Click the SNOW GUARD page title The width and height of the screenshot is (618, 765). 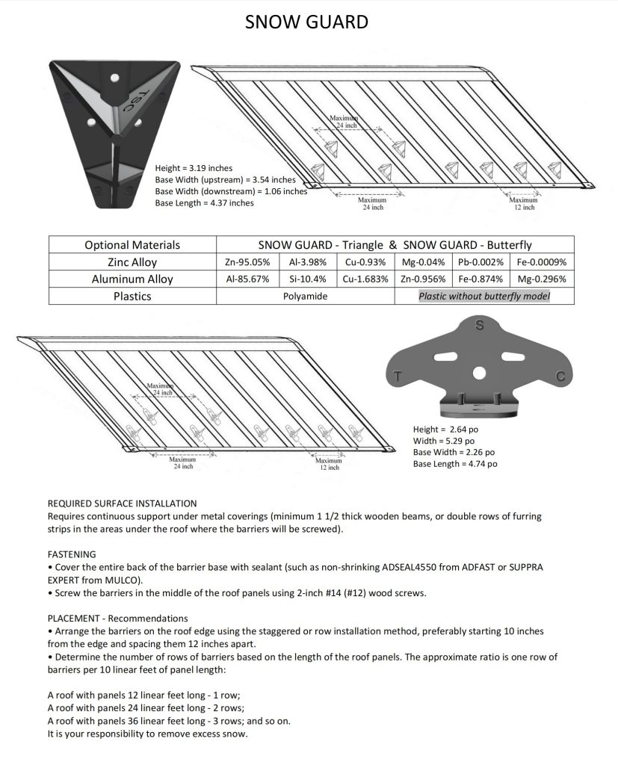click(306, 22)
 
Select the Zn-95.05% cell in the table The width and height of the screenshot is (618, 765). click(247, 262)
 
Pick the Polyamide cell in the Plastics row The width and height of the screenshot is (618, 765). click(305, 297)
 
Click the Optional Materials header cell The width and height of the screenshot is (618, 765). click(132, 245)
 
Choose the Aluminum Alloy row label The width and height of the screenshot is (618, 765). click(132, 279)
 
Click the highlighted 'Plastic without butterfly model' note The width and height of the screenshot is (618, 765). click(483, 297)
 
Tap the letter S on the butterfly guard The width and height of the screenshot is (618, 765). click(480, 325)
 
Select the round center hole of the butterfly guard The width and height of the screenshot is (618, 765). click(480, 372)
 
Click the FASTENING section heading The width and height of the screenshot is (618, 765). click(72, 554)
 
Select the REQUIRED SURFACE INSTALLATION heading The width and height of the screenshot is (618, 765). click(122, 504)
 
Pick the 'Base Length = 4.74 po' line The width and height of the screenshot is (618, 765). click(455, 464)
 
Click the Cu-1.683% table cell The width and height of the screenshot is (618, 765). click(365, 279)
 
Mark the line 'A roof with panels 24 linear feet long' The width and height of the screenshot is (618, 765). click(146, 709)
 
